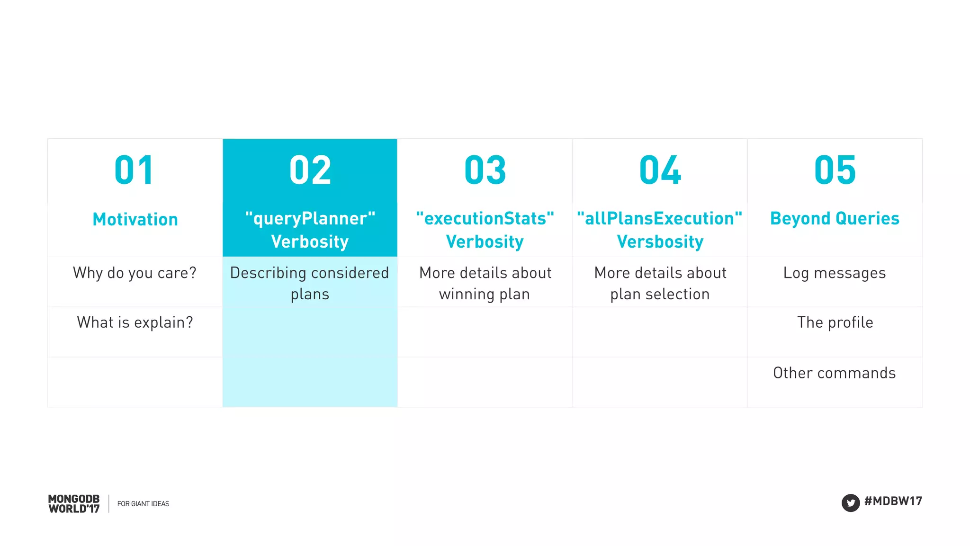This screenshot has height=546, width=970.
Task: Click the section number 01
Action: point(134,170)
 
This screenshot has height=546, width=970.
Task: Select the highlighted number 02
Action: point(310,170)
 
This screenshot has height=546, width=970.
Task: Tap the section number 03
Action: point(485,170)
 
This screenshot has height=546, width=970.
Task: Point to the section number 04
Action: point(660,170)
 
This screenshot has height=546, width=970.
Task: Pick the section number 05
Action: point(835,170)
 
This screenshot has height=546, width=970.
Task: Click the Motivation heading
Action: point(135,219)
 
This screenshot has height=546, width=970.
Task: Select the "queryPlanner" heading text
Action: point(310,218)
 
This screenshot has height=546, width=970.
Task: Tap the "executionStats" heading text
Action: point(485,218)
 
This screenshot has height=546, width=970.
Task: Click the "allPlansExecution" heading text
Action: point(660,218)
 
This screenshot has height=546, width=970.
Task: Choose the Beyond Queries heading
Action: point(835,218)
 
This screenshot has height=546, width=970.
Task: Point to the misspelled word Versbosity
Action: point(660,242)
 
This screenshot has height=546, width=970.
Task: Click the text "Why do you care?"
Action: point(135,273)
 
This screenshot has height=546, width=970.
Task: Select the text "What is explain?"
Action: point(135,322)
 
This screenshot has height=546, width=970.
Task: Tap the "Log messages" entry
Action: point(835,273)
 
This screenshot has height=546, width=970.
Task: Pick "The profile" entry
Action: point(835,322)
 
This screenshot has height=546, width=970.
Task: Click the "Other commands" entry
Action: point(835,373)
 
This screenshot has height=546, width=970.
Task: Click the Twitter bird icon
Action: point(851,502)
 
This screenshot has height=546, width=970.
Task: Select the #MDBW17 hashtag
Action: point(893,501)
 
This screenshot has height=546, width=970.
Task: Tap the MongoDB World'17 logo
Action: point(74,504)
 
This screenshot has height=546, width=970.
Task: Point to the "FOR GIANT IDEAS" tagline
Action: point(143,504)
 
